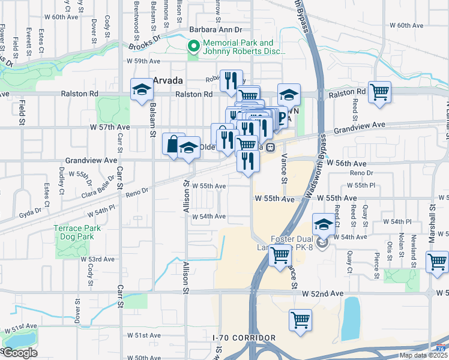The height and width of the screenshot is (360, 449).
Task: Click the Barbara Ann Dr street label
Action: tap(215, 29)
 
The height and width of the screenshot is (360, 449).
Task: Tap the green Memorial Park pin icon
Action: tap(194, 46)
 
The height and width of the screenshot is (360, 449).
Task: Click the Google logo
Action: tap(20, 353)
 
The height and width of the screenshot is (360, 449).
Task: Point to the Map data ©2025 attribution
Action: tap(423, 355)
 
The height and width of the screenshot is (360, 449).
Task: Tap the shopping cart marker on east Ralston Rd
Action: tap(379, 93)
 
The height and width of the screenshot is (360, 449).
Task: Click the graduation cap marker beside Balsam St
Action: tap(142, 91)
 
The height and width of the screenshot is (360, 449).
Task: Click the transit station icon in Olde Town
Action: tap(271, 146)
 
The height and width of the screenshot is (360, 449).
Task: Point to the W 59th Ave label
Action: tap(143, 61)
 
